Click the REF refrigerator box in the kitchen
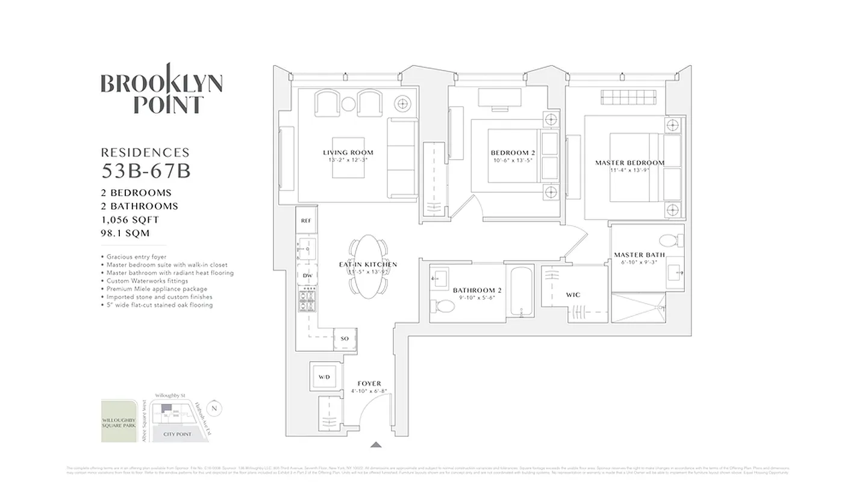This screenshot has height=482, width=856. (x=306, y=221)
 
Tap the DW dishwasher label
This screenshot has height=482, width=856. (x=307, y=275)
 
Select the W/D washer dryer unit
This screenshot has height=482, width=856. (x=324, y=377)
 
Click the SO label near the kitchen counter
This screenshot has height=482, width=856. (x=345, y=339)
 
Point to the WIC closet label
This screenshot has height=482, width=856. (x=573, y=295)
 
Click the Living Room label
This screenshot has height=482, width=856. (x=348, y=152)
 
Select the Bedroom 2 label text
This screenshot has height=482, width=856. (x=513, y=153)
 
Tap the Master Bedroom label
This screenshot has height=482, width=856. (x=630, y=163)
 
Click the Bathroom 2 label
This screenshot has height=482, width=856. (x=477, y=290)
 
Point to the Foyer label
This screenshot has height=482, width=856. (x=369, y=384)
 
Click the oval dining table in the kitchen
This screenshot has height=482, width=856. (x=369, y=265)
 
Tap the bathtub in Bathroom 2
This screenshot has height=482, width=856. (x=520, y=292)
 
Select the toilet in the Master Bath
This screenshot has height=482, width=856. (x=668, y=241)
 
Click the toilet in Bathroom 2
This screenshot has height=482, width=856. (x=445, y=307)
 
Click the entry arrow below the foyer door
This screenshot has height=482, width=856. (x=376, y=445)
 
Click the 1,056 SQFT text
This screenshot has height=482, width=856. (x=130, y=220)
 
